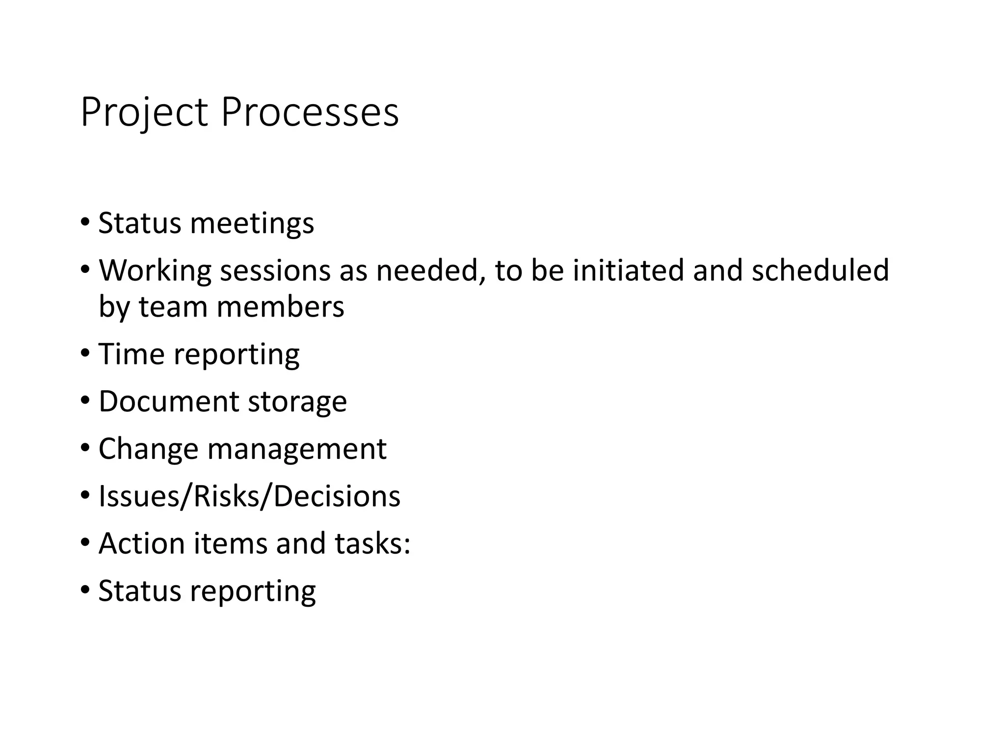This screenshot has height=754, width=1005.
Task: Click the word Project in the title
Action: tap(144, 113)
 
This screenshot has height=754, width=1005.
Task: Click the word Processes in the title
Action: tap(310, 113)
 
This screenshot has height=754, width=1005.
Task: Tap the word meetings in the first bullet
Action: tap(252, 223)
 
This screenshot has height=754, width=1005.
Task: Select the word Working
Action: tap(155, 270)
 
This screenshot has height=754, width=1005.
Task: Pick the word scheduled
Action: tap(820, 270)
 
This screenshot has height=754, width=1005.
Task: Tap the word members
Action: tap(280, 307)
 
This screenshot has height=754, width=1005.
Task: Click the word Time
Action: tap(131, 354)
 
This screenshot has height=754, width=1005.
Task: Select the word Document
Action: tap(168, 401)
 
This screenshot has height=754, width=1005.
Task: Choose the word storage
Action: tap(297, 402)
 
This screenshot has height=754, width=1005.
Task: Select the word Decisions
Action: tap(337, 496)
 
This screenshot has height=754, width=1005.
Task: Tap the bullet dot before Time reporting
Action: tap(85, 352)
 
